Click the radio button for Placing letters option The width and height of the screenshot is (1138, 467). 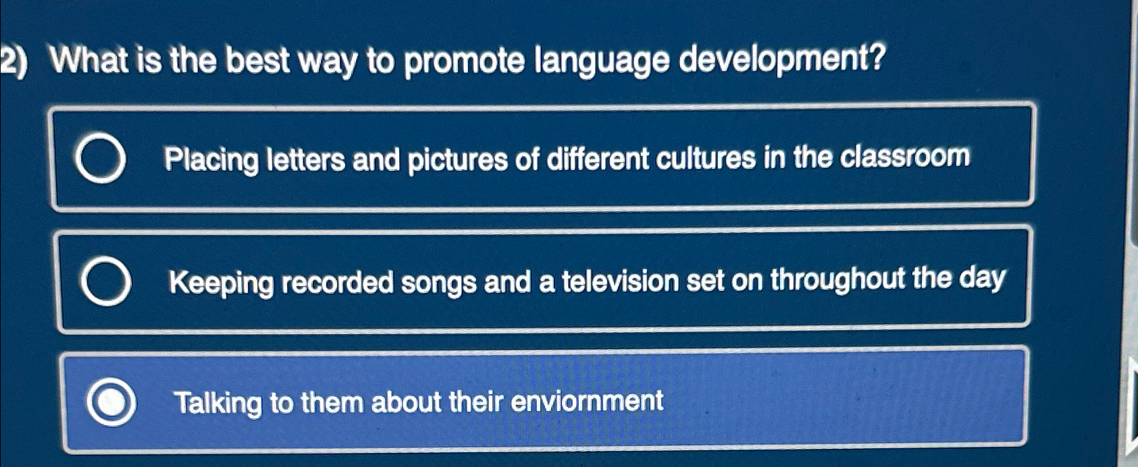point(100,159)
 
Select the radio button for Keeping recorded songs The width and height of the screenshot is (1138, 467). point(105,281)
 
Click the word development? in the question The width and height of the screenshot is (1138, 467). point(781,60)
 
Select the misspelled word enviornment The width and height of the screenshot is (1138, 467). point(587,402)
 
